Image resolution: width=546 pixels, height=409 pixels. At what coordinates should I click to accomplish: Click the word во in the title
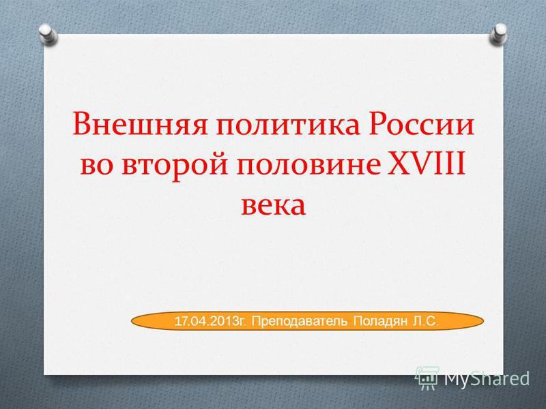click(98, 166)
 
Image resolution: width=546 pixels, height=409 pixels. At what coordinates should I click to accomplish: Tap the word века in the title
click(272, 202)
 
